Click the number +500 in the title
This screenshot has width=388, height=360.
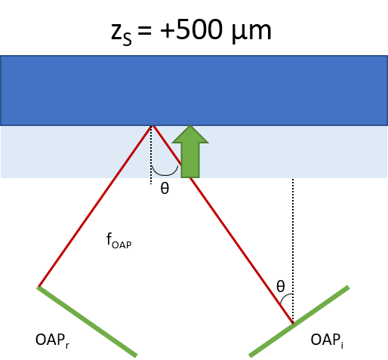point(191,29)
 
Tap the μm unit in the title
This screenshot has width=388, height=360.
point(251,32)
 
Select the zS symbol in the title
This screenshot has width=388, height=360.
point(122,34)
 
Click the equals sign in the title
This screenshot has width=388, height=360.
point(145,31)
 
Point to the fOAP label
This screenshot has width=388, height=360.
point(119,241)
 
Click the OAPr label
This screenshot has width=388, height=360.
point(52,340)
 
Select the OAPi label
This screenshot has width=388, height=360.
point(327,340)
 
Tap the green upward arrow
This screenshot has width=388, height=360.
point(190,151)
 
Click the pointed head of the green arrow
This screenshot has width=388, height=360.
point(190,125)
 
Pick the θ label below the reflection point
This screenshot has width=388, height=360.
point(165,188)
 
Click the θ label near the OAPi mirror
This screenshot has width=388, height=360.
point(281,286)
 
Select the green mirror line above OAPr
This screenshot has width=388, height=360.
point(87,322)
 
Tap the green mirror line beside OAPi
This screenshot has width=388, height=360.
point(299,322)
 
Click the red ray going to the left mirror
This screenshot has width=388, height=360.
point(94,206)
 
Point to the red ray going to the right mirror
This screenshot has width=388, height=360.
point(223,225)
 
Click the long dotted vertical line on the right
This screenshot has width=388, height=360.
point(293,251)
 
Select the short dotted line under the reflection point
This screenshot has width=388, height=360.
point(151,155)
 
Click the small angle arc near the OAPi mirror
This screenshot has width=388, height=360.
point(285,297)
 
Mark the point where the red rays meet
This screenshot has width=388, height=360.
point(152,126)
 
